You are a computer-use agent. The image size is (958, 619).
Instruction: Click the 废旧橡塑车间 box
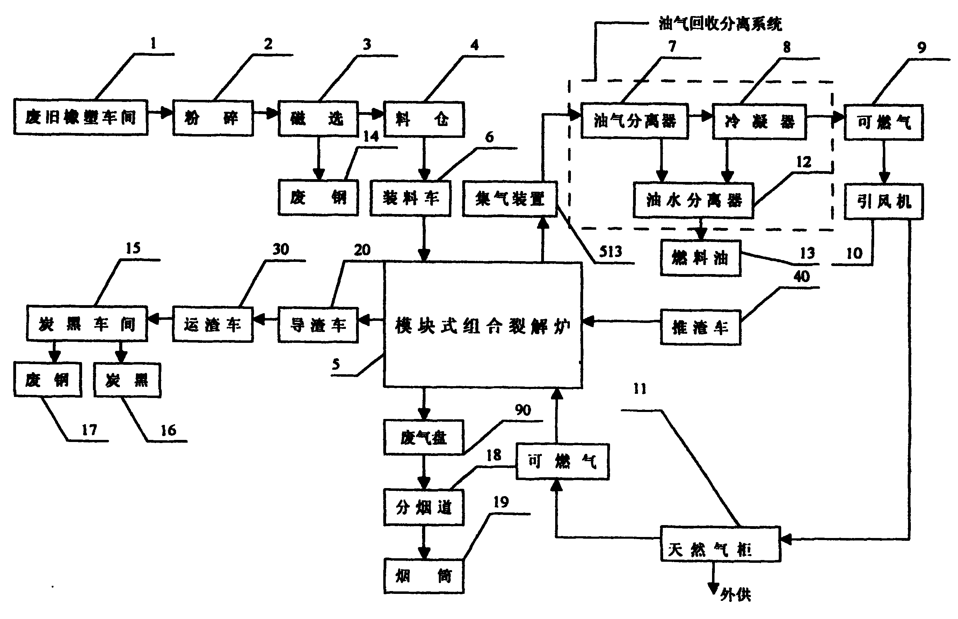point(80,117)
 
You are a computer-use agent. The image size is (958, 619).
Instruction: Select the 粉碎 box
point(213,118)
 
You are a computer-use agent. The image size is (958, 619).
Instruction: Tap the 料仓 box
point(424,119)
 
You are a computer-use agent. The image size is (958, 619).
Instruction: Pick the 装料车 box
point(410,199)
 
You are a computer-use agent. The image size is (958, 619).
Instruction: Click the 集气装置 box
point(509,199)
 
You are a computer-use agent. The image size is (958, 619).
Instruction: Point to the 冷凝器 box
point(759,122)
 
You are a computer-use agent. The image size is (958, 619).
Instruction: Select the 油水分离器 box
point(693,200)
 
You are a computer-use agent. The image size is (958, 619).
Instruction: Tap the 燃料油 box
point(700,258)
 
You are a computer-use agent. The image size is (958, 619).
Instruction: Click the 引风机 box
point(883,201)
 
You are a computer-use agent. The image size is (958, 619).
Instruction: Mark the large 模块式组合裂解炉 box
point(482,325)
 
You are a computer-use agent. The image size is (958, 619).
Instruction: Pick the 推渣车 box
point(700,327)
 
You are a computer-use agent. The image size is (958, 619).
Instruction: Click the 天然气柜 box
point(720,544)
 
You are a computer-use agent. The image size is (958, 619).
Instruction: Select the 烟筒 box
point(423,576)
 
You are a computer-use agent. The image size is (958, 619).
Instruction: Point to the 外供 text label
point(735,595)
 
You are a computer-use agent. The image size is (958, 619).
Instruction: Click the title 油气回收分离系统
point(720,24)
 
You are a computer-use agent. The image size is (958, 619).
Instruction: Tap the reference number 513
point(610,252)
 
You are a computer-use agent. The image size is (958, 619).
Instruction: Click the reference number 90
point(522,410)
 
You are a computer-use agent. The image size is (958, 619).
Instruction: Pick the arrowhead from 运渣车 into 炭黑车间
point(153,319)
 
